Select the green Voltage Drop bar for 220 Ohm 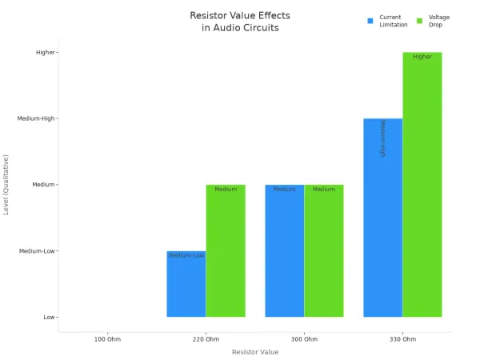click(226, 252)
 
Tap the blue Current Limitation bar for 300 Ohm click(285, 252)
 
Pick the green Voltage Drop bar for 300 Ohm click(324, 252)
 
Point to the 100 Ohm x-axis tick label click(107, 340)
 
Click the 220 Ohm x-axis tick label click(206, 340)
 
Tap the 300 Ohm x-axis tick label click(304, 340)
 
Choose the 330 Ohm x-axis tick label click(402, 340)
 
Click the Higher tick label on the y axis click(45, 53)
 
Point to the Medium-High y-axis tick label click(36, 118)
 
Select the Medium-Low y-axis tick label click(37, 251)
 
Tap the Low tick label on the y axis click(49, 318)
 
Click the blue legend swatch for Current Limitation click(370, 20)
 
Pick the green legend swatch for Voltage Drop click(420, 20)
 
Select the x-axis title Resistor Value click(255, 352)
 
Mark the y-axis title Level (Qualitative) click(7, 185)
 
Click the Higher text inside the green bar click(422, 57)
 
